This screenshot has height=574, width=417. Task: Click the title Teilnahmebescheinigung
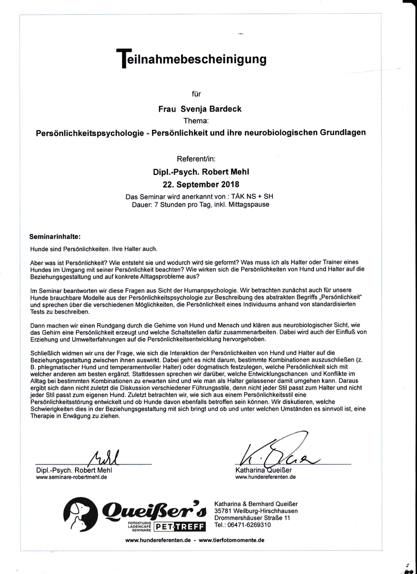[192, 58]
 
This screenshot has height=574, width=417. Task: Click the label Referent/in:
[196, 158]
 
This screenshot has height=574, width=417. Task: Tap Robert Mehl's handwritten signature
[107, 457]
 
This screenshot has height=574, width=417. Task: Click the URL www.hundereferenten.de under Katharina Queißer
[266, 477]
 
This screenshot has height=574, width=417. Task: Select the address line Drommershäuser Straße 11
[252, 518]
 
